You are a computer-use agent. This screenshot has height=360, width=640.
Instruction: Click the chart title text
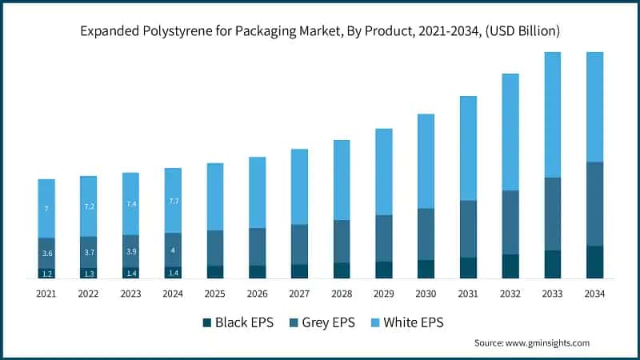320,31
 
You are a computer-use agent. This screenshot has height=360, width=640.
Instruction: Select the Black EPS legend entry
238,323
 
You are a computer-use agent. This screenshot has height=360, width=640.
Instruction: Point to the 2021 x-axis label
46,294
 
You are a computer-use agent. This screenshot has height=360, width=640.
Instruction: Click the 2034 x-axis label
595,294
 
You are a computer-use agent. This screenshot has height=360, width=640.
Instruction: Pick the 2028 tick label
342,294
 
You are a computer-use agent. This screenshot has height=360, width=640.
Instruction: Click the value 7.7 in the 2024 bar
173,202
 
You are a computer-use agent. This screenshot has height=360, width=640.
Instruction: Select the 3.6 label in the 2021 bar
46,254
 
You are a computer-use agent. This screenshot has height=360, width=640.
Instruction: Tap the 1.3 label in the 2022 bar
89,274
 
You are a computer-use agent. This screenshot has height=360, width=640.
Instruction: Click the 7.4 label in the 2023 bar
131,204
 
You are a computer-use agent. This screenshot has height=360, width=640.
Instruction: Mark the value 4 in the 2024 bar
173,250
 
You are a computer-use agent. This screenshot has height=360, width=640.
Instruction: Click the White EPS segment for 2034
595,107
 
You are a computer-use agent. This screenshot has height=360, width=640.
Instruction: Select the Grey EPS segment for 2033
553,214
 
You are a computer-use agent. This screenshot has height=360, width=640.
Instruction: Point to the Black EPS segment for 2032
510,266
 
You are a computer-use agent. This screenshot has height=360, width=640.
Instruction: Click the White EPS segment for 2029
384,172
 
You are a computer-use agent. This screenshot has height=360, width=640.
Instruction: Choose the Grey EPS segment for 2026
258,246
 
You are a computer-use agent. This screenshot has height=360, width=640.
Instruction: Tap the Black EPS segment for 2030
426,269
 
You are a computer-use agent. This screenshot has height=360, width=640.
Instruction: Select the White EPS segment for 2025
215,197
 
